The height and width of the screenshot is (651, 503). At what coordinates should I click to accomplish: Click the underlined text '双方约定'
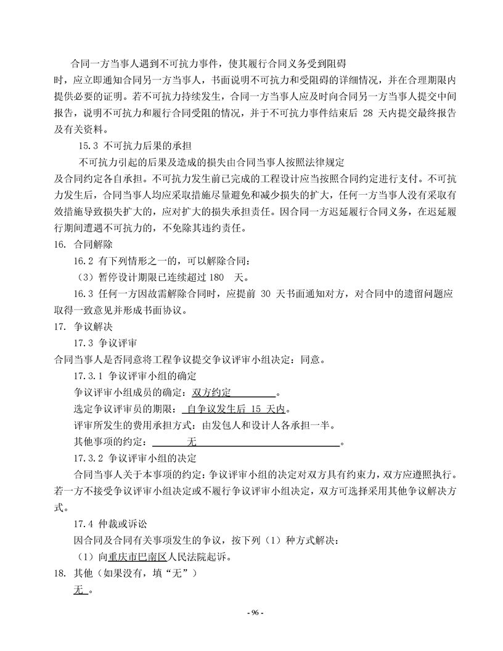pos(211,392)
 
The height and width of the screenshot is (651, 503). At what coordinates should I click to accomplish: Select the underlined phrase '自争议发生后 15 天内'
pos(236,409)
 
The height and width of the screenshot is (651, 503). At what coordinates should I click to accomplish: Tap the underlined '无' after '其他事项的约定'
pos(191,441)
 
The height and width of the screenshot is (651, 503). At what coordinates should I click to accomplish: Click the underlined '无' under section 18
pos(78,591)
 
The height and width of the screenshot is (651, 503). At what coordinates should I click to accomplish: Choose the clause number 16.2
pos(84,261)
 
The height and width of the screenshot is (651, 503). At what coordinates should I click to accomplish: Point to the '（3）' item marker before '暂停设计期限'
pos(83,277)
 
